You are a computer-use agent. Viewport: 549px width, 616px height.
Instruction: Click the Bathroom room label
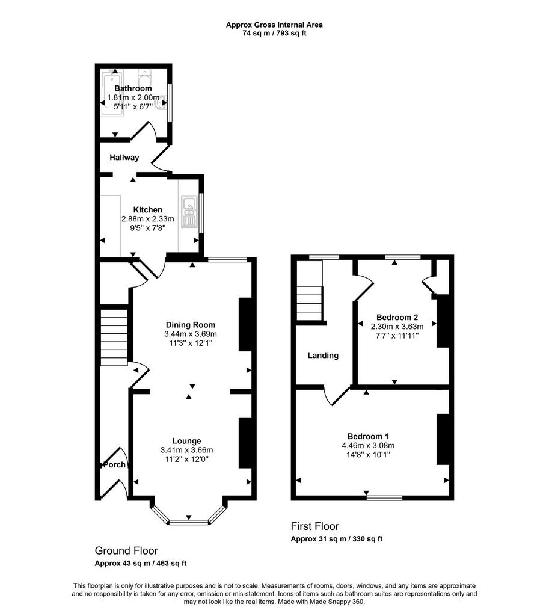pyautogui.click(x=133, y=88)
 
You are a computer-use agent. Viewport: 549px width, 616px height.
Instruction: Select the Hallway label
pyautogui.click(x=124, y=158)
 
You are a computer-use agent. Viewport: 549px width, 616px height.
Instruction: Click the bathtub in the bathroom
pyautogui.click(x=112, y=92)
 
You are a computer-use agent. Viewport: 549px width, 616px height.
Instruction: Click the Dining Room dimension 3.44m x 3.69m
pyautogui.click(x=191, y=334)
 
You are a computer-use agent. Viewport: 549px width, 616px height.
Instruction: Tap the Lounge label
pyautogui.click(x=186, y=441)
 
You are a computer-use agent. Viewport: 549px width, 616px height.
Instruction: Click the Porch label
pyautogui.click(x=114, y=465)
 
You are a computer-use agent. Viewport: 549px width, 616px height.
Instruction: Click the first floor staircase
pyautogui.click(x=309, y=303)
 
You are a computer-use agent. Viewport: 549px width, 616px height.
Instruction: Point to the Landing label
pyautogui.click(x=323, y=356)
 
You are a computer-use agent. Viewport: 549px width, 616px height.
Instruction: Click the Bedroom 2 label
pyautogui.click(x=397, y=318)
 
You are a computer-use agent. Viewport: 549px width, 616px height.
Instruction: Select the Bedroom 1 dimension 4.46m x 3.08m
pyautogui.click(x=368, y=446)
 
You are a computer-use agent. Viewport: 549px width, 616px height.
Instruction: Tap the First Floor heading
pyautogui.click(x=314, y=526)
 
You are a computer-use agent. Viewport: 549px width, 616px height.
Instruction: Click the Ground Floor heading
pyautogui.click(x=126, y=551)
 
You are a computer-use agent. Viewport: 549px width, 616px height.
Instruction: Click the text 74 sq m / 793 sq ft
pyautogui.click(x=274, y=34)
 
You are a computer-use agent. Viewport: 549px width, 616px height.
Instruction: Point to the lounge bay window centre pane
pyautogui.click(x=188, y=522)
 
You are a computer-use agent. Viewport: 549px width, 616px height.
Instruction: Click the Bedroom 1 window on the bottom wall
pyautogui.click(x=384, y=497)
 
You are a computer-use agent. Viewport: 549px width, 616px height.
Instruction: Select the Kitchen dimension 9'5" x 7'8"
pyautogui.click(x=148, y=228)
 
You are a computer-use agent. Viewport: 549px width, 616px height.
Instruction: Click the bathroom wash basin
pyautogui.click(x=161, y=103)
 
